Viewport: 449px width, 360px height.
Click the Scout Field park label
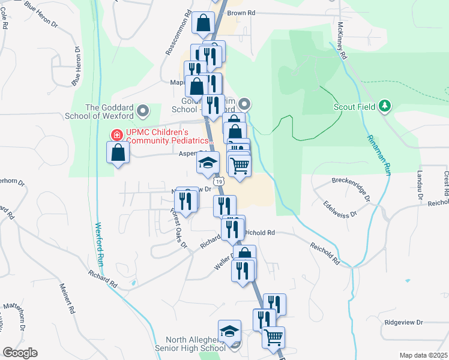pyautogui.click(x=354, y=107)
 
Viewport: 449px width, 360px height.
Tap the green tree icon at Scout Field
pyautogui.click(x=385, y=107)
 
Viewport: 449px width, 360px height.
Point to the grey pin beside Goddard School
pyautogui.click(x=143, y=111)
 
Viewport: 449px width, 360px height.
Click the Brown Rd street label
pyautogui.click(x=241, y=13)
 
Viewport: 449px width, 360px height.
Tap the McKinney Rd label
pyautogui.click(x=343, y=40)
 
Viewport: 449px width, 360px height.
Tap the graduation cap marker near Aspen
pyautogui.click(x=208, y=163)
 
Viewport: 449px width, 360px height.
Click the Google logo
pyautogui.click(x=20, y=352)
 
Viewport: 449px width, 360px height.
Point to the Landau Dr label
pyautogui.click(x=420, y=185)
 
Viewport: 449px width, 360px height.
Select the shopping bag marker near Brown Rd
pyautogui.click(x=203, y=23)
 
